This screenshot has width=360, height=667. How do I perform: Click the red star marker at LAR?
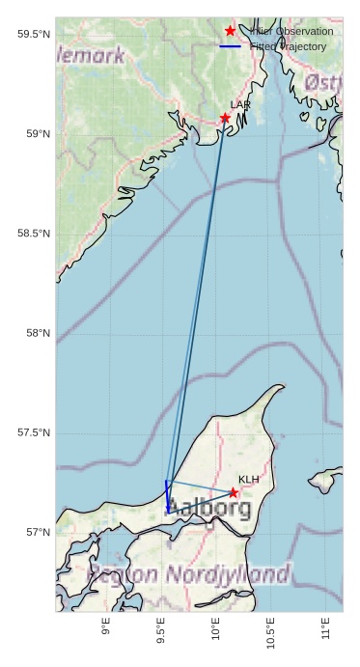pos(225,118)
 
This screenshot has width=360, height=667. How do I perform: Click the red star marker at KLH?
pos(234,492)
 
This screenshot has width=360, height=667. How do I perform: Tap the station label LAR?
pos(240,104)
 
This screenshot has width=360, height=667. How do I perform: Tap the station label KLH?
pos(249,479)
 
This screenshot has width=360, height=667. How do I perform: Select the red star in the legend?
pos(230,31)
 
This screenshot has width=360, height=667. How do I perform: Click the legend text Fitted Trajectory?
pos(288,46)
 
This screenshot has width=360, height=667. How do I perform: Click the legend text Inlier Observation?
pos(291,31)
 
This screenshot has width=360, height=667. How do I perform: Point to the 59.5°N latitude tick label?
pos(34,35)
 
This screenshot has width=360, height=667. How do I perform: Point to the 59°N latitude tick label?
pos(37,134)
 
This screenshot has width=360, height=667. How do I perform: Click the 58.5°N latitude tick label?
pos(34,234)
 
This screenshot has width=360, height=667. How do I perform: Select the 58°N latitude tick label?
pos(37,334)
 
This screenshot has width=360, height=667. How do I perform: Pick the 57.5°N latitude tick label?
pos(34,433)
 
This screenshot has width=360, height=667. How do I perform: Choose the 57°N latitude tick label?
pos(37,533)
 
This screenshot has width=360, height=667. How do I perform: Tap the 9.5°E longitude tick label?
pos(161,633)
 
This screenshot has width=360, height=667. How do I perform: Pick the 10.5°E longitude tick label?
pos(271,633)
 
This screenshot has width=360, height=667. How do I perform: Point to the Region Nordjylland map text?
pos(188,575)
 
